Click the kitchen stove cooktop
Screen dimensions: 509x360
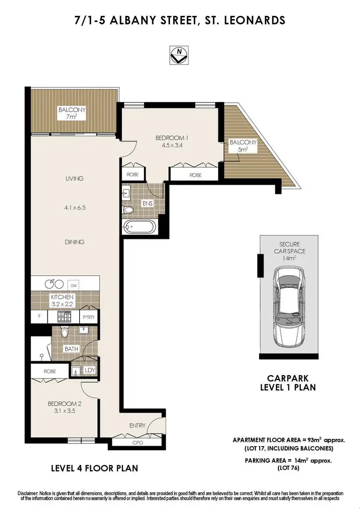pyautogui.click(x=63, y=317)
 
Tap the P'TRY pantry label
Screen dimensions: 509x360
pyautogui.click(x=88, y=317)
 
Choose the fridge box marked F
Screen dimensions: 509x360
pyautogui.click(x=38, y=317)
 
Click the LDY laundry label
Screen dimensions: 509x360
pyautogui.click(x=90, y=371)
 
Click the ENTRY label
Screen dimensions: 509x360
pyautogui.click(x=137, y=426)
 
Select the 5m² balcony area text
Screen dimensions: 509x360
pyautogui.click(x=243, y=150)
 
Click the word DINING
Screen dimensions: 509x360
pyautogui.click(x=74, y=242)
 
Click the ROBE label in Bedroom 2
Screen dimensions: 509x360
pyautogui.click(x=50, y=371)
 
